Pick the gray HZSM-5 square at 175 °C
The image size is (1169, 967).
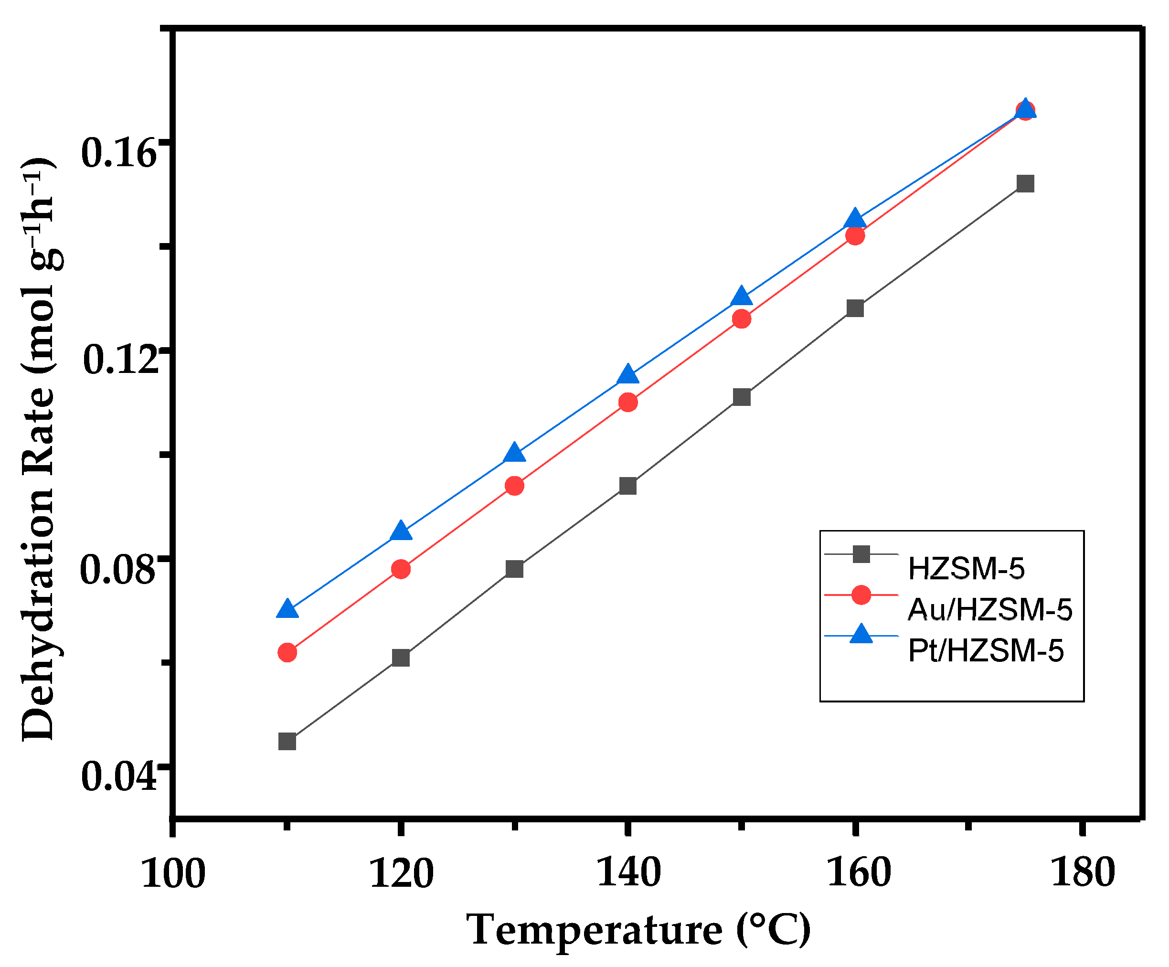coord(1025,183)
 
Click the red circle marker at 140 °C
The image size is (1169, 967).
coord(628,402)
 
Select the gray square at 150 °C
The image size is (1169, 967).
coord(742,397)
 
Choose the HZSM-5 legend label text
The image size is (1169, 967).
coord(966,568)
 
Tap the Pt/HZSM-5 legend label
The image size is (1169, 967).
coord(985,650)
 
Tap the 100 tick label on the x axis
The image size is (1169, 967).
coord(173,873)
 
